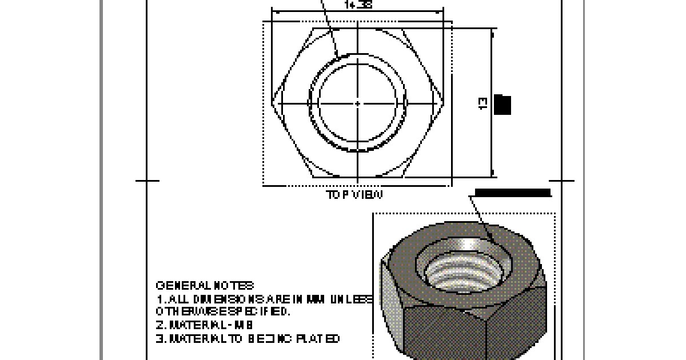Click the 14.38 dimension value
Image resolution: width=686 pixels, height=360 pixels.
(x=358, y=5)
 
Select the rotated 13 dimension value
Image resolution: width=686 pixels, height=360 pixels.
(x=483, y=103)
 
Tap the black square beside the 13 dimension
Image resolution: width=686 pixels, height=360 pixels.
(x=502, y=105)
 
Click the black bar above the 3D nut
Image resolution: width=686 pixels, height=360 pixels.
(x=513, y=193)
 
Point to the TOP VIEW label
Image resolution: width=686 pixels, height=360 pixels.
(x=354, y=194)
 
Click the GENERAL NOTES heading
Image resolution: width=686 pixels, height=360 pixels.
(x=205, y=285)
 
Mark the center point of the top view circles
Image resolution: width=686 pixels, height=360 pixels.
(x=358, y=103)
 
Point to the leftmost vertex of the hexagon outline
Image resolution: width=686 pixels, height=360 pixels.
(x=273, y=103)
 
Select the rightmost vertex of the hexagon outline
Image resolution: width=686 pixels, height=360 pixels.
(x=444, y=103)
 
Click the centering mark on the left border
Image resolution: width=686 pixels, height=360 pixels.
(x=147, y=181)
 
